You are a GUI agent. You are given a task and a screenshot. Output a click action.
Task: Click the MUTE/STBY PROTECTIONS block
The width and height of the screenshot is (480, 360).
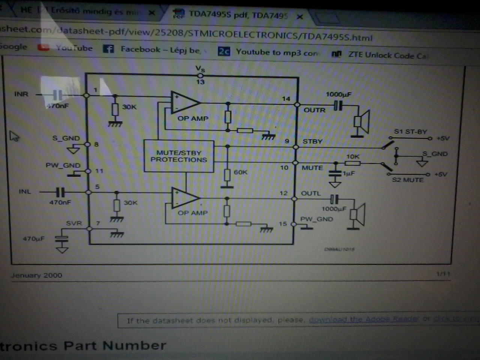pos(179,156)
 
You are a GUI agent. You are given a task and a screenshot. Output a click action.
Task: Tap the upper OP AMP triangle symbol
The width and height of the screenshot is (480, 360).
pos(184,102)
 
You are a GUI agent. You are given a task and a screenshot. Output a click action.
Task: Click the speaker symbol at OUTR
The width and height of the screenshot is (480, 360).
pos(362,121)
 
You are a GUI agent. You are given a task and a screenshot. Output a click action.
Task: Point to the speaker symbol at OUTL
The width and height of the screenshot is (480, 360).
pos(357,214)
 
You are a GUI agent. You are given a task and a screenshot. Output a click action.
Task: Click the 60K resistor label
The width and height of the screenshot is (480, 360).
pos(240,172)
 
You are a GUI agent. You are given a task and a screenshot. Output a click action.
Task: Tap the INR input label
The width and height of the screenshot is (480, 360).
pos(21,94)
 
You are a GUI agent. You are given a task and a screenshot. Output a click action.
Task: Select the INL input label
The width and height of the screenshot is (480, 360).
pos(25,192)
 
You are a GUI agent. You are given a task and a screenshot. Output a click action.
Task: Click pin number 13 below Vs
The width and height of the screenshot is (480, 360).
pos(200,82)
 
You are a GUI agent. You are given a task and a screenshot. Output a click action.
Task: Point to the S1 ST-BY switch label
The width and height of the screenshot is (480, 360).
pos(410,132)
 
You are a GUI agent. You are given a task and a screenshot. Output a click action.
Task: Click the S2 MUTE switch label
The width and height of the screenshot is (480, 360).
pos(408,180)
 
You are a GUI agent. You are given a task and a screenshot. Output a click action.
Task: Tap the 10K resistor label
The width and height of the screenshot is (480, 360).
pos(352,156)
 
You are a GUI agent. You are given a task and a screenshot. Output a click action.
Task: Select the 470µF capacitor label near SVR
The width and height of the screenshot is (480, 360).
pos(33,238)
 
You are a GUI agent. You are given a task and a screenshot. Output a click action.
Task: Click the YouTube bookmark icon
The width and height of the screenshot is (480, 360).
pos(43,48)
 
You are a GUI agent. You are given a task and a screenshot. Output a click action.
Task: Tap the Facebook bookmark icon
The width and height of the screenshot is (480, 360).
pos(108,49)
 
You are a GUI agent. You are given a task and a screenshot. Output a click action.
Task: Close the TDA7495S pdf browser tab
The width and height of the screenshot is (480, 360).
pos(300,16)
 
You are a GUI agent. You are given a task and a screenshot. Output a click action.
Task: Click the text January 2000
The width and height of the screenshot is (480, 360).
pos(36,275)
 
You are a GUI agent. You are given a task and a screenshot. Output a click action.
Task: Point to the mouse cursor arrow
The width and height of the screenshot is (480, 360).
pos(14,136)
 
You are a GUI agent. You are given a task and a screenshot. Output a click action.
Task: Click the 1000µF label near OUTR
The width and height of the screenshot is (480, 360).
pos(338,94)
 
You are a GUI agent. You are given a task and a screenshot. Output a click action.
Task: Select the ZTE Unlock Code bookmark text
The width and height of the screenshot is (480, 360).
pos(388,55)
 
